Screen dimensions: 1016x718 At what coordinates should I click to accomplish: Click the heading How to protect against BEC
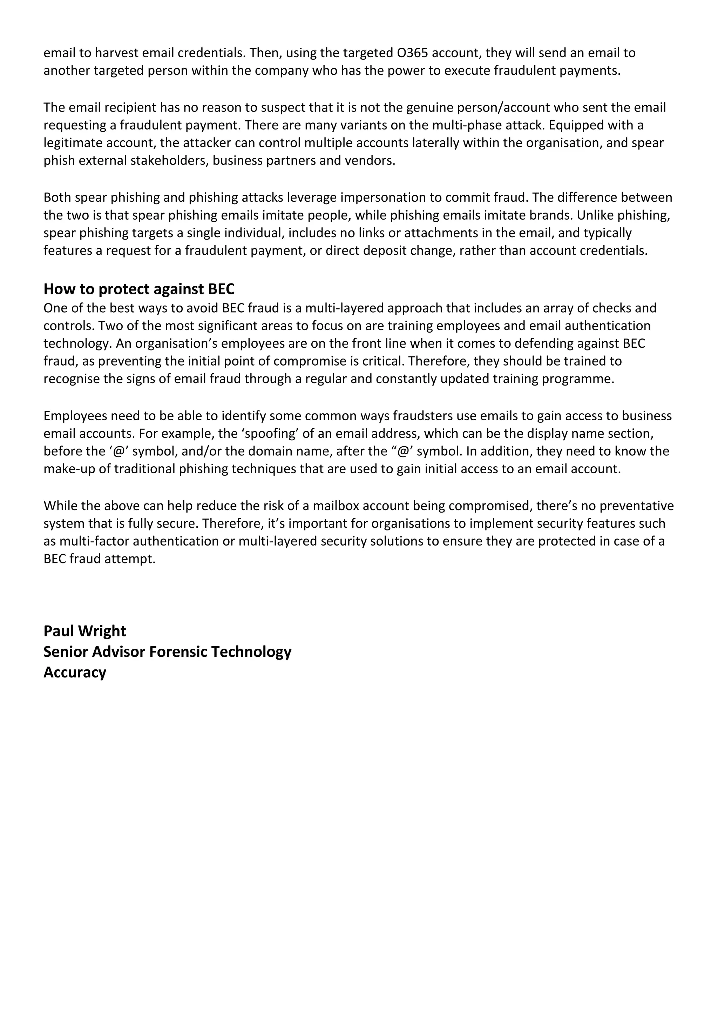click(x=139, y=289)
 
